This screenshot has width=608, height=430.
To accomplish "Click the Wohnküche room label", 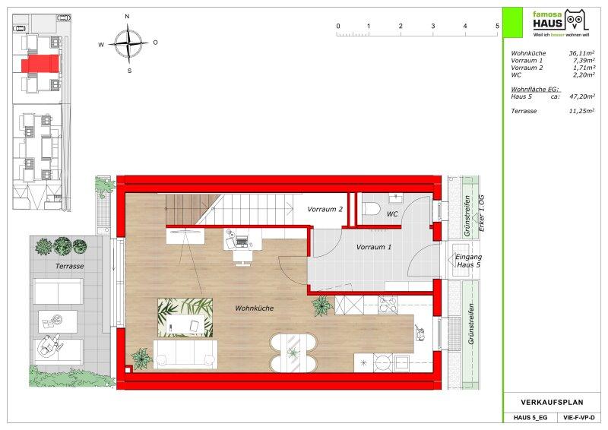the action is [255, 308].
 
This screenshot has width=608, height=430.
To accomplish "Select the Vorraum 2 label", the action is [325, 210].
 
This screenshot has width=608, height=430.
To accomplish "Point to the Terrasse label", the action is [70, 267].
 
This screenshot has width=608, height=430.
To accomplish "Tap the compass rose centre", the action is [128, 43].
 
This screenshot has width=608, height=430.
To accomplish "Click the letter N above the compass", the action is [127, 16].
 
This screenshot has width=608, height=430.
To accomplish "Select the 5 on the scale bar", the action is [497, 26].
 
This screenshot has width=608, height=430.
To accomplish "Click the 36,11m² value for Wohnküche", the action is [581, 53].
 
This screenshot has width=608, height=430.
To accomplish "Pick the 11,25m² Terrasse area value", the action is [581, 111].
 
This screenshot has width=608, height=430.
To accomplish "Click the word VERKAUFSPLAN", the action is [552, 403].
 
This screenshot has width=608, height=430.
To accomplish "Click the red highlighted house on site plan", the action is [40, 63].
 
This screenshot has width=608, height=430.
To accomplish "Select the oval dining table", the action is [293, 353].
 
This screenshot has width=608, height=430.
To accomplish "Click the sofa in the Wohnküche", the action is [185, 355].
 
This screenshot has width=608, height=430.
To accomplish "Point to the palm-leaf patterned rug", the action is [185, 318].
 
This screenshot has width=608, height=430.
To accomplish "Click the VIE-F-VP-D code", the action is [578, 418].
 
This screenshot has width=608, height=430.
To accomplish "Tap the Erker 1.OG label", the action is [482, 213].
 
